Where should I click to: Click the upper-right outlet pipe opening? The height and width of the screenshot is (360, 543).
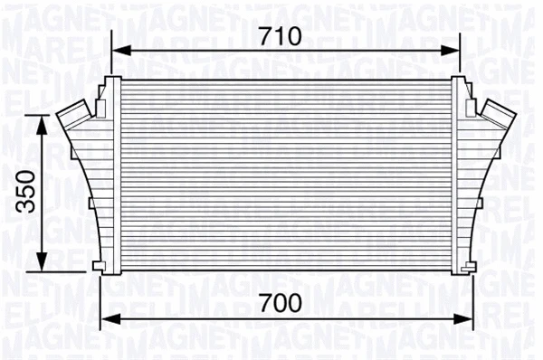pyautogui.click(x=497, y=113)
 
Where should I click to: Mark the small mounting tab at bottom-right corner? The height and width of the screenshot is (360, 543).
pyautogui.click(x=469, y=265)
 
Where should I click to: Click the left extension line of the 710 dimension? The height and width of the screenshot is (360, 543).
pyautogui.click(x=111, y=54)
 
